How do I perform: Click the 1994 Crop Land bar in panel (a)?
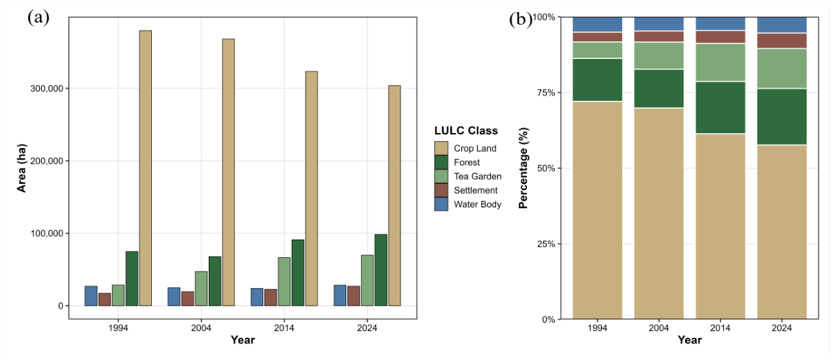pyautogui.click(x=145, y=168)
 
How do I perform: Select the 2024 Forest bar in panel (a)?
pyautogui.click(x=381, y=270)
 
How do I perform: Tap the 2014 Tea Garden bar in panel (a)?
pyautogui.click(x=284, y=281)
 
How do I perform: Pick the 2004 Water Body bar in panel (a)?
pyautogui.click(x=173, y=297)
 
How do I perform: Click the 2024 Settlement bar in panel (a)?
pyautogui.click(x=354, y=296)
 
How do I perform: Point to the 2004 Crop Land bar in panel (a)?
pyautogui.click(x=228, y=172)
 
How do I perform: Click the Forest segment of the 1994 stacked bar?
pyautogui.click(x=597, y=80)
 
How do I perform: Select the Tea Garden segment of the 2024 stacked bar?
pyautogui.click(x=782, y=69)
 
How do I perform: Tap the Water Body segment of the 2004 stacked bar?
pyautogui.click(x=659, y=24)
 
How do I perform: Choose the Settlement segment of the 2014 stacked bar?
pyautogui.click(x=720, y=37)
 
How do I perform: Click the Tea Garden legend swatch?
pyautogui.click(x=441, y=176)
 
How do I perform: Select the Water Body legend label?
pyautogui.click(x=478, y=204)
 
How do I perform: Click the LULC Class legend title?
pyautogui.click(x=466, y=130)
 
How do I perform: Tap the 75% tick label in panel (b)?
pyautogui.click(x=546, y=93)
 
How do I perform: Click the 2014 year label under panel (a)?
pyautogui.click(x=284, y=328)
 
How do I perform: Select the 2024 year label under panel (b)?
pyautogui.click(x=782, y=328)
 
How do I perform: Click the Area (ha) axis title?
pyautogui.click(x=22, y=168)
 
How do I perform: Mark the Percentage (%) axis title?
pyautogui.click(x=524, y=168)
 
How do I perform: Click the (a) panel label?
pyautogui.click(x=39, y=18)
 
